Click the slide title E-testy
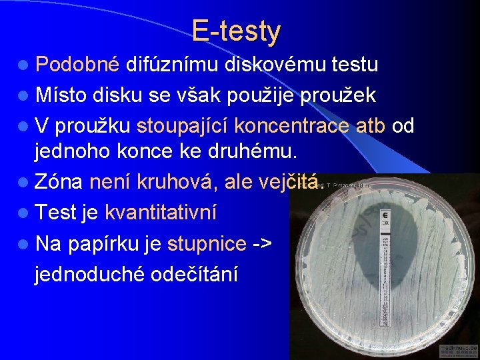[236, 31]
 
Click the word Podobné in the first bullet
[77, 65]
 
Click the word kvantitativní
[160, 213]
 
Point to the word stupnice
[207, 243]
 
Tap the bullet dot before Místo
[24, 95]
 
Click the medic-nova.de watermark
[458, 351]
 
